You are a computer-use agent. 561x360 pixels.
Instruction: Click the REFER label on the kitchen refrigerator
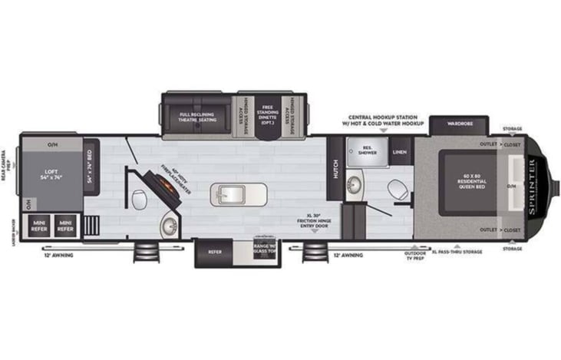[215, 250]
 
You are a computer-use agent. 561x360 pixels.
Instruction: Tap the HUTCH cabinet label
[335, 170]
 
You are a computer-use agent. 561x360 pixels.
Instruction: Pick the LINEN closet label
[400, 152]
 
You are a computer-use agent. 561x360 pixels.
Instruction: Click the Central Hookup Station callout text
[387, 121]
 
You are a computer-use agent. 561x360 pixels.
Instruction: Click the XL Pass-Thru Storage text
[457, 252]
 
